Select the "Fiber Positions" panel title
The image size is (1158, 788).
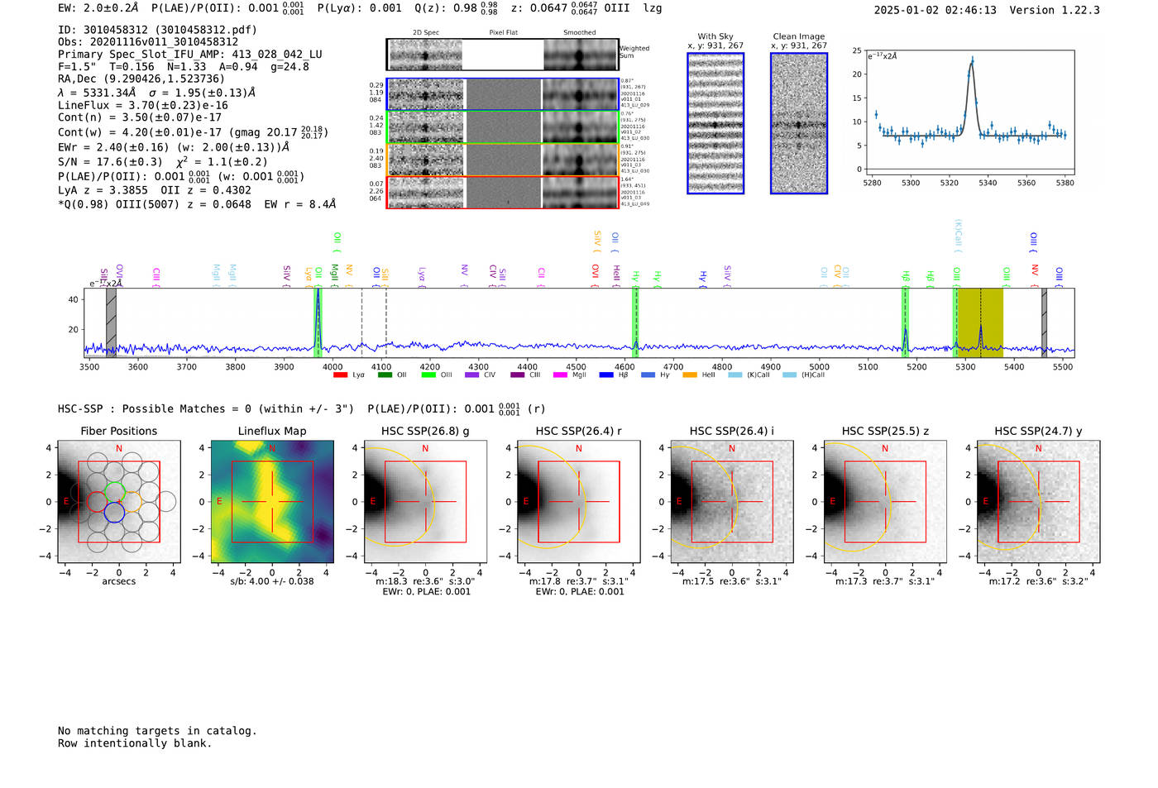coord(118,431)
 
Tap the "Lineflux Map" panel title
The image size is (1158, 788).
coord(272,431)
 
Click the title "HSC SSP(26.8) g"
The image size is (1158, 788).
coord(425,431)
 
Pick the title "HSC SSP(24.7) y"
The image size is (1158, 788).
coord(1038,431)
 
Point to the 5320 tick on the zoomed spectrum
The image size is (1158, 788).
coord(949,183)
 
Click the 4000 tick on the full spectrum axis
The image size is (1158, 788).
coord(333,367)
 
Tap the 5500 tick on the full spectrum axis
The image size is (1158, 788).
coord(1063,367)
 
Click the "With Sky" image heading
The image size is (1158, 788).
coord(715,36)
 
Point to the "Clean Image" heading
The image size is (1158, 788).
coord(799,36)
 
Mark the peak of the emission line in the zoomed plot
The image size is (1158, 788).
coord(972,60)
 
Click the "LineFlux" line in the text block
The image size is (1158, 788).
coord(143,105)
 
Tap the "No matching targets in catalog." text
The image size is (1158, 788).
coord(157,731)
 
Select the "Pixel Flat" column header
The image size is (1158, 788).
coord(503,33)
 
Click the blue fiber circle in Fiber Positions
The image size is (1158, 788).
coord(114,513)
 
